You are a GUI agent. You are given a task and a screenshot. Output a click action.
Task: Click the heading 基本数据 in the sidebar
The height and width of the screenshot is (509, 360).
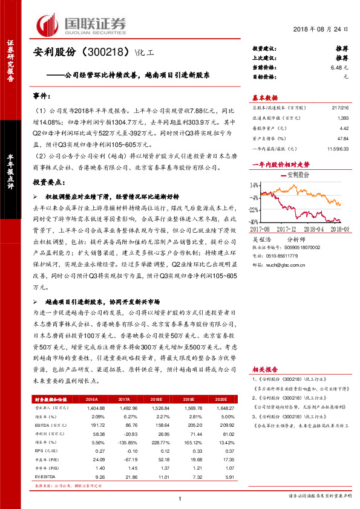click(264, 97)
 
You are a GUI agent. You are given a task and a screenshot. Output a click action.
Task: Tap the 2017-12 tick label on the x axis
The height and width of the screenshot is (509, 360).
click(289, 229)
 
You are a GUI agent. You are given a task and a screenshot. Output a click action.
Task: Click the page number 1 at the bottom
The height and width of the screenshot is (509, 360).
click(180, 498)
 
